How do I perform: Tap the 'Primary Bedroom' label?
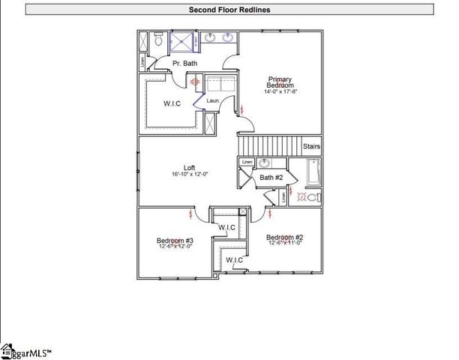pyautogui.click(x=280, y=82)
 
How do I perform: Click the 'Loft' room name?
pyautogui.click(x=190, y=167)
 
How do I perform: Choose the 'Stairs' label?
pyautogui.click(x=311, y=146)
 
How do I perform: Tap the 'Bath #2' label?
pyautogui.click(x=271, y=178)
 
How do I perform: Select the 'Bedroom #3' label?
pyautogui.click(x=174, y=241)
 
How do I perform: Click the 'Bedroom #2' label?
pyautogui.click(x=285, y=238)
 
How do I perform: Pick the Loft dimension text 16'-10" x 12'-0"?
pyautogui.click(x=190, y=174)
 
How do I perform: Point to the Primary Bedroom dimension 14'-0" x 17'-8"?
pyautogui.click(x=280, y=92)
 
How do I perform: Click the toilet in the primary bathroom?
pyautogui.click(x=158, y=42)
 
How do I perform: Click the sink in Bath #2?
pyautogui.click(x=264, y=163)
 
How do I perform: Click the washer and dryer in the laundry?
pyautogui.click(x=220, y=84)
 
